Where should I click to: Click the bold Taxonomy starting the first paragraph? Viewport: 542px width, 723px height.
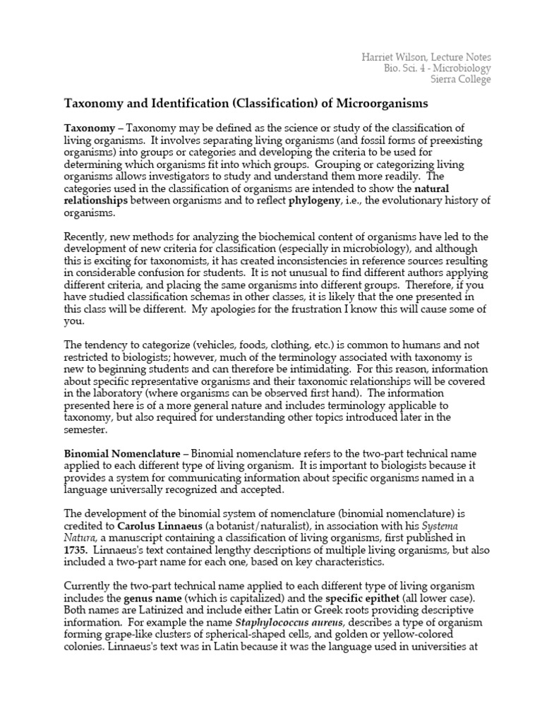[x=88, y=127]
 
